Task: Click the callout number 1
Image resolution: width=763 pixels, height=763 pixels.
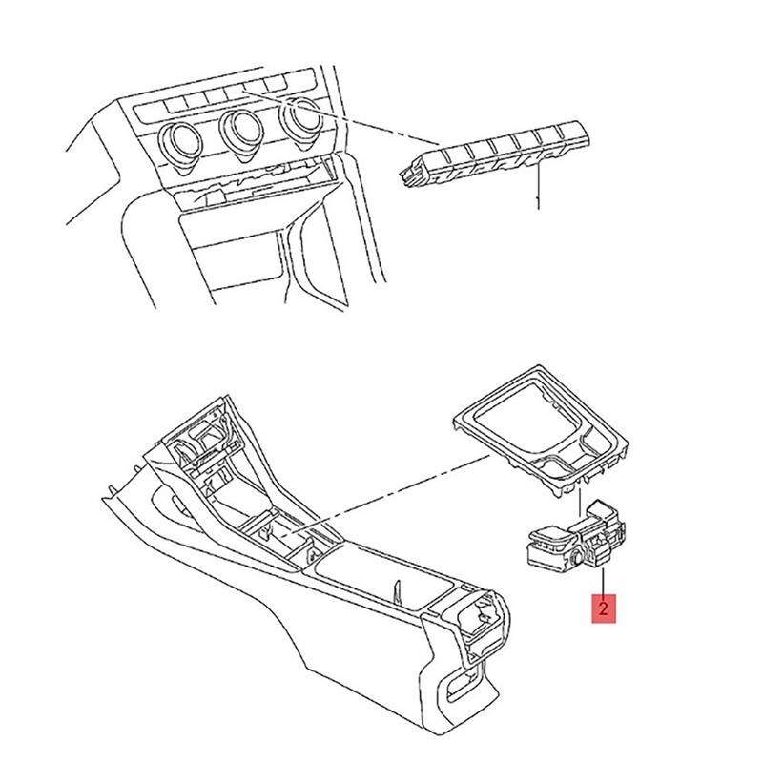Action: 540,202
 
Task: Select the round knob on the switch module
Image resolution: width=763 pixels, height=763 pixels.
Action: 580,552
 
